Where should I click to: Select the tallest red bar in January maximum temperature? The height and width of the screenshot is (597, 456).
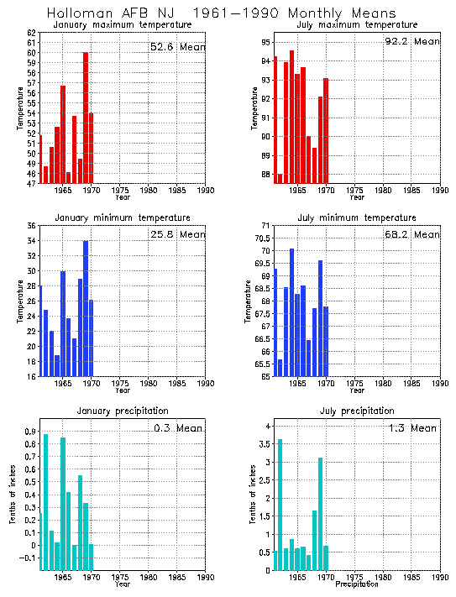pos(86,118)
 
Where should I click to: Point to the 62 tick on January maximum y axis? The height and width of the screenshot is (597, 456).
pos(31,33)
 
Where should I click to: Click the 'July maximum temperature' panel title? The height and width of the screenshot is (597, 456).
pos(356,25)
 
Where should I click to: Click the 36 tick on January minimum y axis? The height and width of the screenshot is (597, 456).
pos(31,226)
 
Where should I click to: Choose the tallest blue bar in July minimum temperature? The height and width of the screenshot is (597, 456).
pos(291,312)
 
